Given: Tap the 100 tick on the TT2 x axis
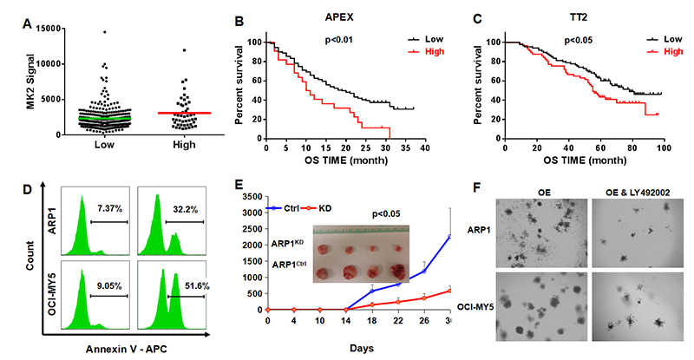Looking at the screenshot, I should (663, 149).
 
